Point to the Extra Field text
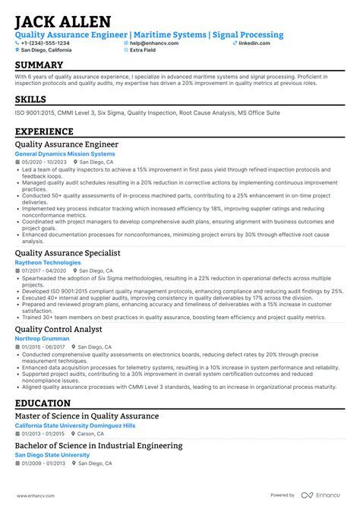(x=144, y=50)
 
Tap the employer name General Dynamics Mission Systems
(x=65, y=154)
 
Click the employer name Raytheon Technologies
(x=47, y=263)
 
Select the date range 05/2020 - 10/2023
(x=44, y=163)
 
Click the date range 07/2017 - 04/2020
(x=44, y=271)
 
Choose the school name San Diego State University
(x=52, y=455)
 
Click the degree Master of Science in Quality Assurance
(x=87, y=416)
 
